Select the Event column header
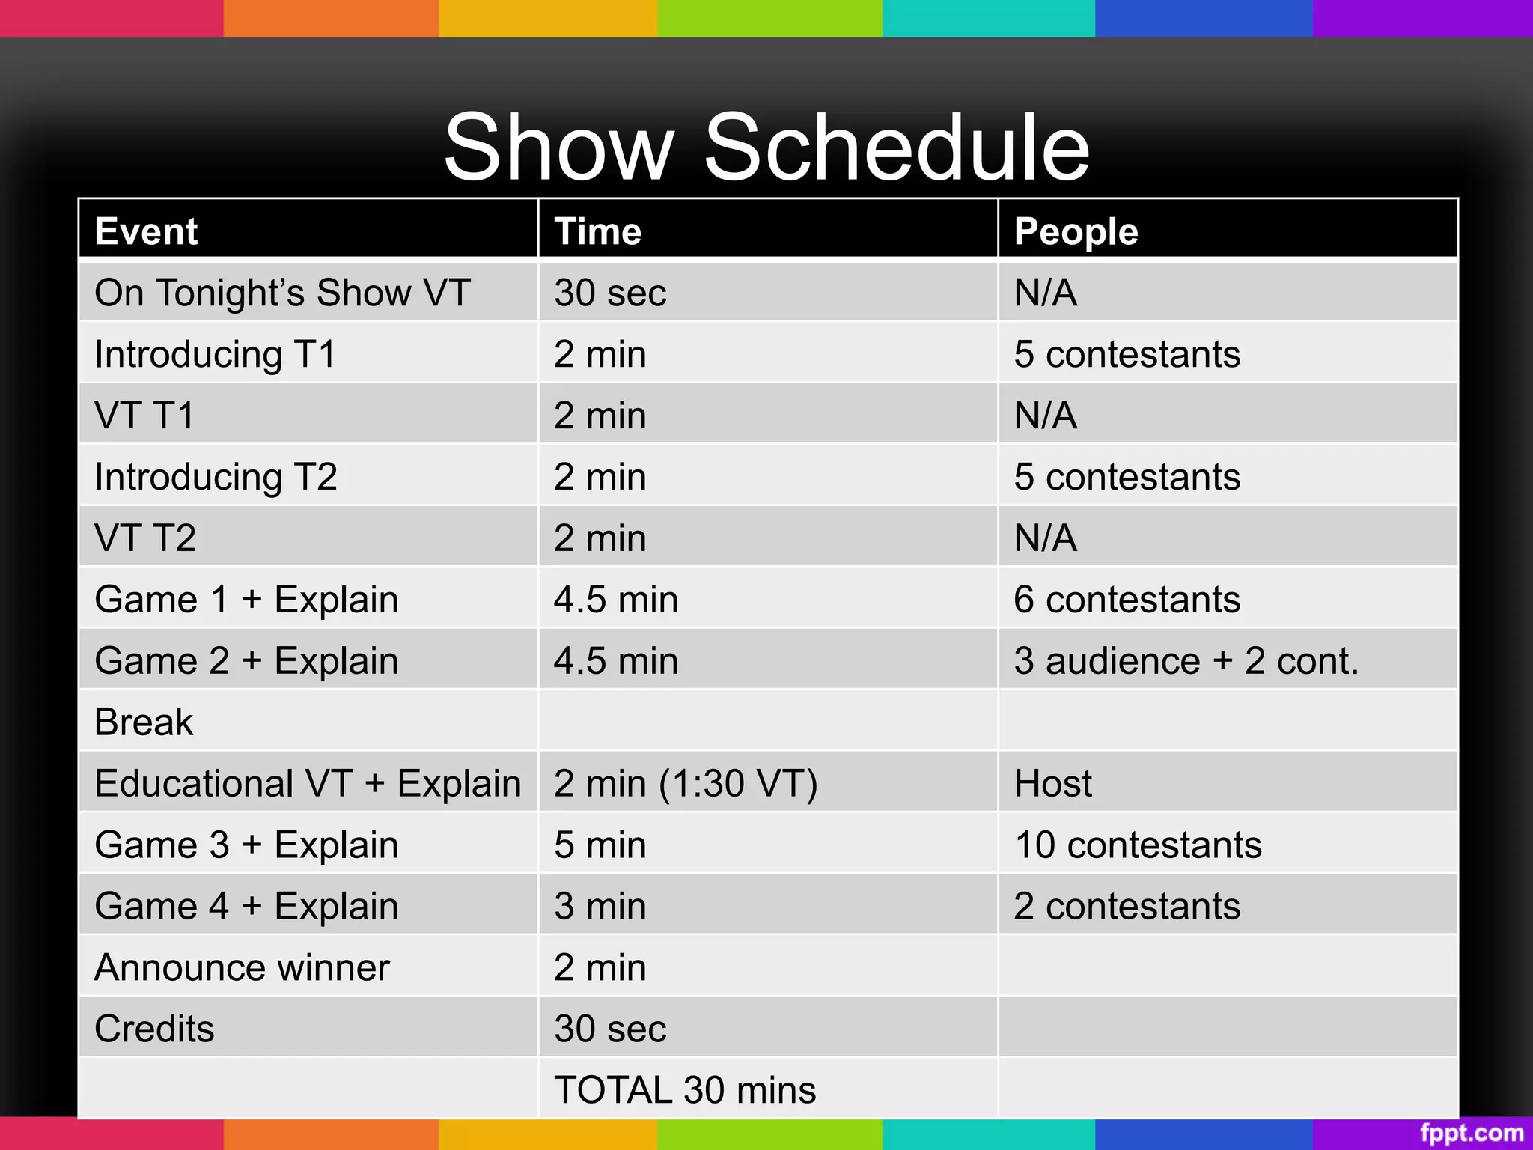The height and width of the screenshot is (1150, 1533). [x=147, y=231]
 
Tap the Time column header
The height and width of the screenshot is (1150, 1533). [x=598, y=231]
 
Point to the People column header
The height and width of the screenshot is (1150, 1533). [x=1076, y=231]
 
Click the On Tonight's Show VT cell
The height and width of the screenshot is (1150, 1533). [x=282, y=293]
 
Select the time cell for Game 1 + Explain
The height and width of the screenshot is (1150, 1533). [x=616, y=600]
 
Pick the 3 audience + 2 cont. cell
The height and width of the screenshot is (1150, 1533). [x=1186, y=661]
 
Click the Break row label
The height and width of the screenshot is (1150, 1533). [x=144, y=722]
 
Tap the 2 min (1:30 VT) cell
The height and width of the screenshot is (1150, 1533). [x=686, y=784]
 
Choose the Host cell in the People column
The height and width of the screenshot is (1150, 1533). [x=1052, y=784]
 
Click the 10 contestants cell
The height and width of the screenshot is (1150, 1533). [x=1138, y=845]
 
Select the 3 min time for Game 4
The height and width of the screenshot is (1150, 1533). [x=600, y=907]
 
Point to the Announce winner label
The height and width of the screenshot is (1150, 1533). [x=243, y=968]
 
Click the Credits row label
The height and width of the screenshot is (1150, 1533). [x=155, y=1029]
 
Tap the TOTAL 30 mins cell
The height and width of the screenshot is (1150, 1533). [x=685, y=1090]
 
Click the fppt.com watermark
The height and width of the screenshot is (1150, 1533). [x=1471, y=1133]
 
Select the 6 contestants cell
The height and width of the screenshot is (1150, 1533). [x=1127, y=600]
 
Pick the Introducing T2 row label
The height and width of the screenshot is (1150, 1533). [x=216, y=477]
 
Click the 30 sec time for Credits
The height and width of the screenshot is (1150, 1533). [x=610, y=1029]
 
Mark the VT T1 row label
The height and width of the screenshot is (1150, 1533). [x=144, y=416]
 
